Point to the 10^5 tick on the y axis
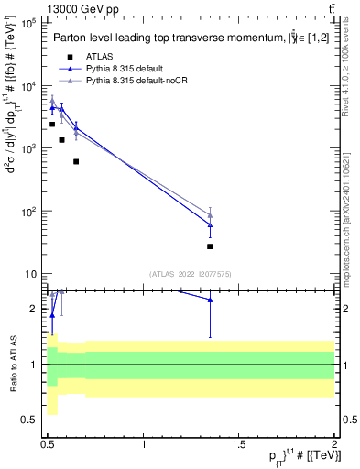(29, 23)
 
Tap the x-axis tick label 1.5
(239, 443)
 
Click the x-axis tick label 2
(334, 443)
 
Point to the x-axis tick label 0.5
(49, 443)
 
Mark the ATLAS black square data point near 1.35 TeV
(210, 246)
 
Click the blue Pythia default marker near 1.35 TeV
(210, 224)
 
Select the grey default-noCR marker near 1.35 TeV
(210, 215)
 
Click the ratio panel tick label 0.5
(30, 420)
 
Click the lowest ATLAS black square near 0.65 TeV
(76, 161)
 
